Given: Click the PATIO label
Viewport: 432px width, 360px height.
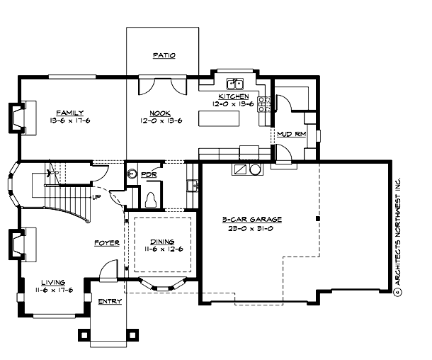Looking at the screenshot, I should point(164,55).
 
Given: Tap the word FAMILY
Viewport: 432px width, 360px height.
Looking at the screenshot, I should point(70,112).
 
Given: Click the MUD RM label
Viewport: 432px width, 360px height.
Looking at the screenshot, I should point(291,133).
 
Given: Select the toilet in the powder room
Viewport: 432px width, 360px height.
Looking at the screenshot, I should point(150,199).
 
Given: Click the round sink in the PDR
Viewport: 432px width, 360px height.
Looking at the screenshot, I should point(132,172).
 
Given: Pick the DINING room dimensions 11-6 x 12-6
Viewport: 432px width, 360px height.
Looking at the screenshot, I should point(163,249).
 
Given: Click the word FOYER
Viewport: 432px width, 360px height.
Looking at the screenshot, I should point(107,242).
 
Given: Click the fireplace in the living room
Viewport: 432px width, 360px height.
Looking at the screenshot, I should point(16,245).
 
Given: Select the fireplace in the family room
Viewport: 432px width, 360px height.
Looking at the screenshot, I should point(16,117).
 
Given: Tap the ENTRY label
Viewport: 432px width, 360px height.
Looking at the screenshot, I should point(110,301).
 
